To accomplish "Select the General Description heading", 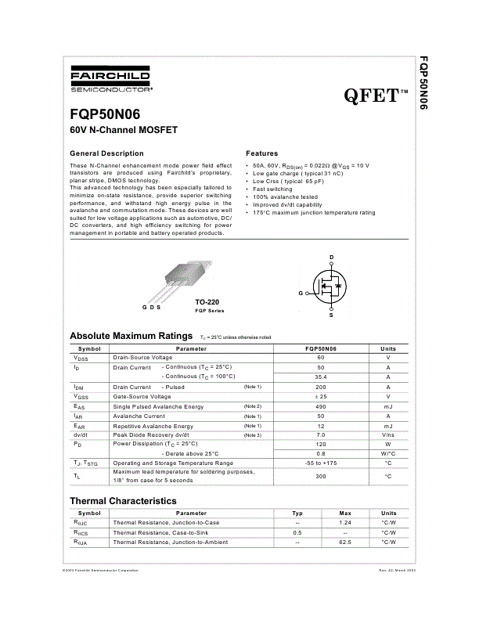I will click(x=107, y=153).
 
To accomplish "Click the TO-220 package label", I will click(x=207, y=301).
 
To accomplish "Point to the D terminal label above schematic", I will click(x=331, y=258).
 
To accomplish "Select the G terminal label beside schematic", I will click(x=301, y=293).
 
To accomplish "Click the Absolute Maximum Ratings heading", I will click(x=131, y=335).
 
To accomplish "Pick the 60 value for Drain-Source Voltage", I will click(x=320, y=357).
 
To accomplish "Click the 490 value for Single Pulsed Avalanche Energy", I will click(x=320, y=406).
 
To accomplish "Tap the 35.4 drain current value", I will click(x=320, y=377).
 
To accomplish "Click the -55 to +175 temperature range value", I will click(x=320, y=463).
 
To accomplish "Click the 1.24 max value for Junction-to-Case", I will click(x=345, y=522).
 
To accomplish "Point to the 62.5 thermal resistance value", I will click(x=345, y=542).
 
